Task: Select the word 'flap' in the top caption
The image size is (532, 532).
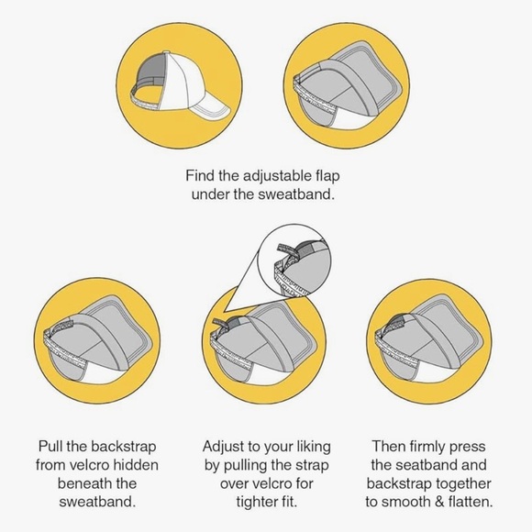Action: coord(327,176)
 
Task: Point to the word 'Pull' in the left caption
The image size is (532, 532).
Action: coord(50,446)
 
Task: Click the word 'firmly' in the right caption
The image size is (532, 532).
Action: coord(427,447)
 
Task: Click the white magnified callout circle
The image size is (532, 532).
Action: coord(294,260)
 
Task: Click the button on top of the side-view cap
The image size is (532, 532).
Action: coord(166,52)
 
